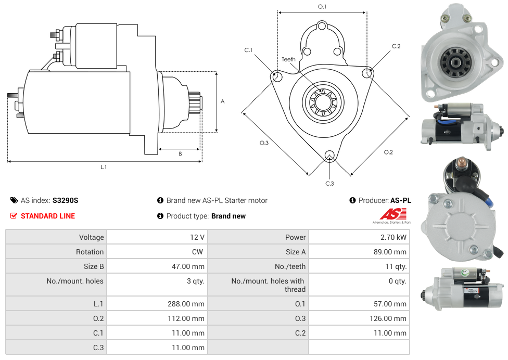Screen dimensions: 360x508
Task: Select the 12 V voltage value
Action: [x=197, y=237]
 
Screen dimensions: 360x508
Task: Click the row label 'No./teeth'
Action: [x=290, y=266]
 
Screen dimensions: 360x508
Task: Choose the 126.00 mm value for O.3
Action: [x=386, y=318]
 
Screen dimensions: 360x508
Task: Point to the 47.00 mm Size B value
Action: [x=188, y=266]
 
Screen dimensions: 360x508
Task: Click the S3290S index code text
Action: [x=65, y=200]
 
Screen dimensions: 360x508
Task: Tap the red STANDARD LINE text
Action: [x=48, y=216]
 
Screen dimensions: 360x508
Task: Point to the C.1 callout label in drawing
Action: [x=248, y=50]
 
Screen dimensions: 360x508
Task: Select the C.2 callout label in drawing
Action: [x=396, y=47]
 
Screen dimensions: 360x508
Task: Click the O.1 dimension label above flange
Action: [x=322, y=7]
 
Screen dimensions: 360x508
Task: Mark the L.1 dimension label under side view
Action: [x=104, y=167]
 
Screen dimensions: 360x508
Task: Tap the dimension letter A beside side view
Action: [x=223, y=101]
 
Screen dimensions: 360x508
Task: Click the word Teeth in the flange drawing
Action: [x=288, y=59]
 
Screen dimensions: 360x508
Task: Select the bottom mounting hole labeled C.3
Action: [x=329, y=156]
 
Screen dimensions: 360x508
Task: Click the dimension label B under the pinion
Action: [x=180, y=154]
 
